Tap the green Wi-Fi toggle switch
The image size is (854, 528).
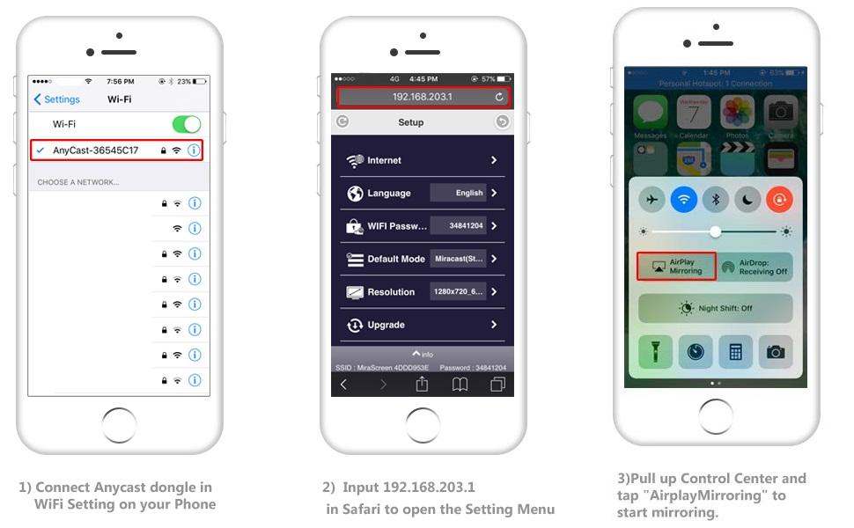coord(187,124)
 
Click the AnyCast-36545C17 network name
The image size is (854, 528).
coord(95,150)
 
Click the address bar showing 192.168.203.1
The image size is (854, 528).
coord(422,97)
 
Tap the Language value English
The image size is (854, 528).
coord(469,193)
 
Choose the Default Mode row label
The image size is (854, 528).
coord(396,259)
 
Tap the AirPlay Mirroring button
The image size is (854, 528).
coord(676,267)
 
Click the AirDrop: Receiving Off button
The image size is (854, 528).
coord(755,267)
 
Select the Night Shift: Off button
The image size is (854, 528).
coord(715,309)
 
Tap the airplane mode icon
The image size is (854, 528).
coord(652,200)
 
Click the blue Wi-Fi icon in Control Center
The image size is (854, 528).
coord(683,200)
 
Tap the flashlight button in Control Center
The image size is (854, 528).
coord(655,352)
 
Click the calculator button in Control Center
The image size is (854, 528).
coord(734,352)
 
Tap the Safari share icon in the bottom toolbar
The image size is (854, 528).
coord(422,385)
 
